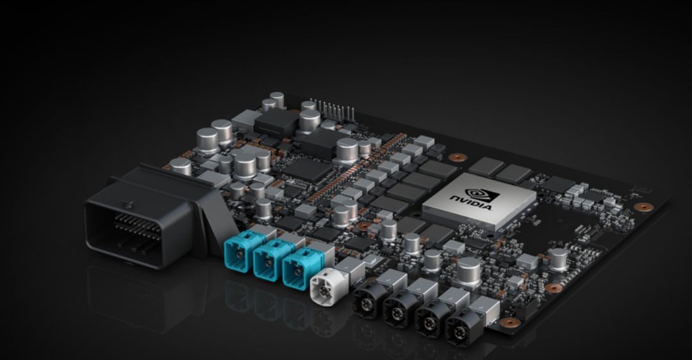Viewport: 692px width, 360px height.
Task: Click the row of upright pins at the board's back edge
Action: (x=333, y=110)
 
